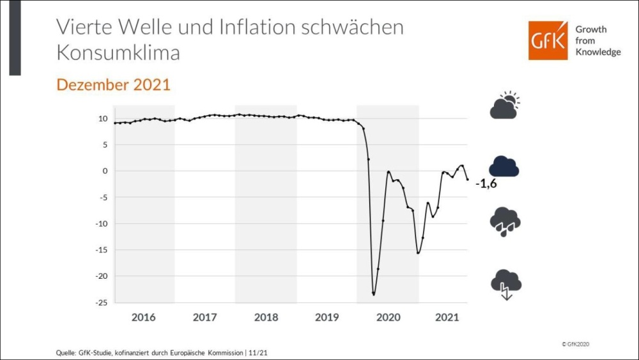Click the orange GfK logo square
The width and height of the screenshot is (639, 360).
[x=548, y=40]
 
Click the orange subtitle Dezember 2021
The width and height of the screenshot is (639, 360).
[x=113, y=84]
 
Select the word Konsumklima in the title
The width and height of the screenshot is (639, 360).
[x=118, y=53]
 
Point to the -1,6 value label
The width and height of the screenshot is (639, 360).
[x=486, y=184]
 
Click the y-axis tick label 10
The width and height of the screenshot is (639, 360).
[x=102, y=118]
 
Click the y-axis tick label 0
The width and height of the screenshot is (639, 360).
[x=104, y=171]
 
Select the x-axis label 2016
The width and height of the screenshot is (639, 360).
[x=143, y=317]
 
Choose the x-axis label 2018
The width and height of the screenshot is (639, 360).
[x=265, y=317]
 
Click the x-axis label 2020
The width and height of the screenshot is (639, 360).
[x=387, y=317]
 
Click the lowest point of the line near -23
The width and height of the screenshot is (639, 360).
[x=373, y=294]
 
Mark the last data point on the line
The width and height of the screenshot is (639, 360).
[x=468, y=180]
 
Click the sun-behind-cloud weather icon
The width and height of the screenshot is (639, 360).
[x=505, y=106]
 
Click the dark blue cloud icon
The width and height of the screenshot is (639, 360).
[x=504, y=166]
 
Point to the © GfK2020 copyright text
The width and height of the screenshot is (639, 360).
[x=575, y=344]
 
